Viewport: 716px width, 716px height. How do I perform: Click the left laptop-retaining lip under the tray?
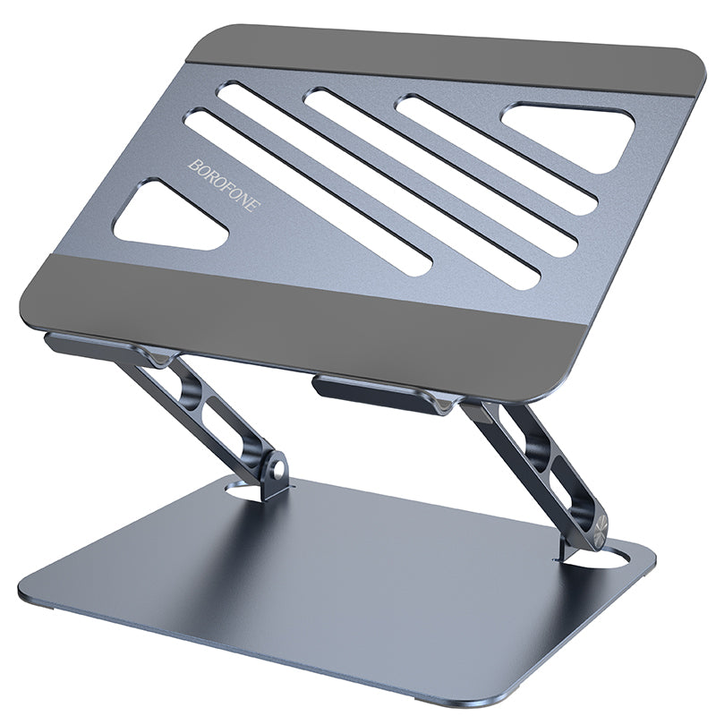pos(85,344)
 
